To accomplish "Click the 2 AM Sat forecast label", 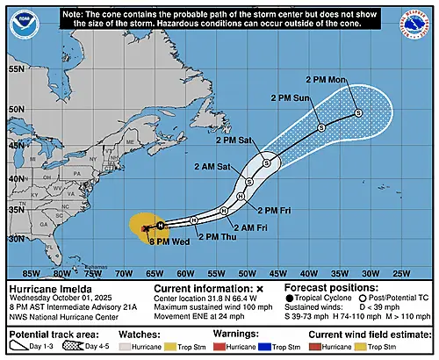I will coord(217,166).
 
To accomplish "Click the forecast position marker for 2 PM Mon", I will coord(358,112).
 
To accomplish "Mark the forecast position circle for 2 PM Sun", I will coord(321,128).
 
